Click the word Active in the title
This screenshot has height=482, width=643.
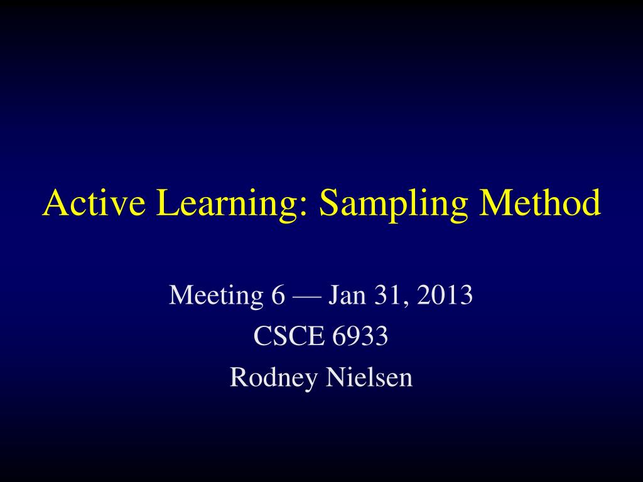coord(94,202)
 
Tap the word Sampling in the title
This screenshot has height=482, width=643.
coord(393,205)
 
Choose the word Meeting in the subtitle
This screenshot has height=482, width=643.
coord(216,297)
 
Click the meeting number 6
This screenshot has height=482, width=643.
coord(278,295)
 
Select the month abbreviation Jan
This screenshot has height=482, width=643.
coord(347,295)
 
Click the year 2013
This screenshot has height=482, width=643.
coord(445,295)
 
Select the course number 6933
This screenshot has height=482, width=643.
coord(360,336)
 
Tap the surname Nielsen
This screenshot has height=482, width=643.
coord(369,377)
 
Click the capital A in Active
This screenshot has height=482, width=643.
coord(56,202)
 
